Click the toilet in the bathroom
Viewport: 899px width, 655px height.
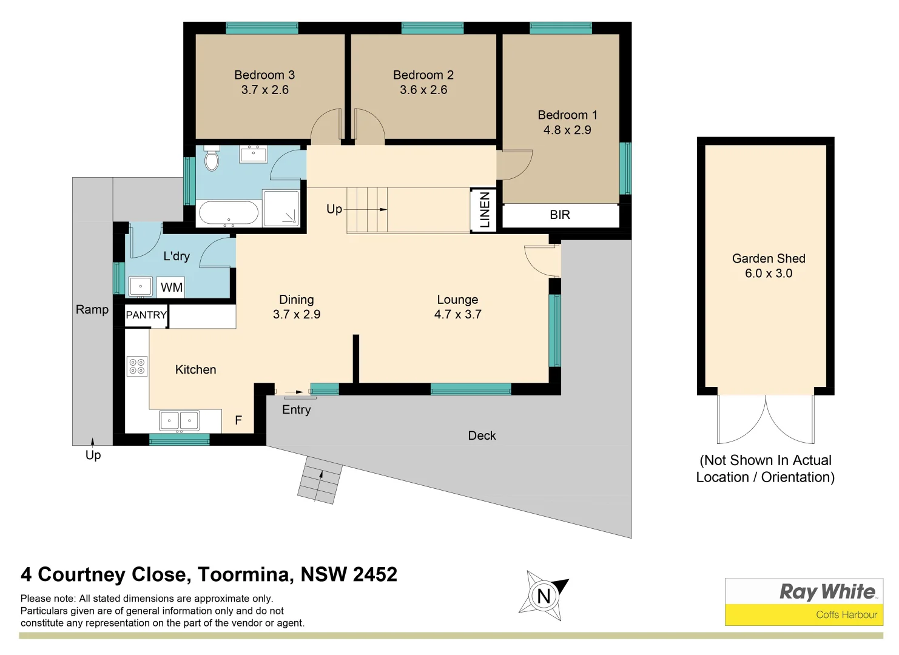212,159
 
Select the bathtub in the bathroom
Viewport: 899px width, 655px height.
229,213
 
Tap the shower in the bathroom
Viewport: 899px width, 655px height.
281,209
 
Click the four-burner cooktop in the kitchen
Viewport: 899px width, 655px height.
137,366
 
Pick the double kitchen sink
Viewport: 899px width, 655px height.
179,420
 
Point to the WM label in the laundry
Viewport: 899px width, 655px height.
172,287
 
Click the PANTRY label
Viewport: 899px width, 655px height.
146,315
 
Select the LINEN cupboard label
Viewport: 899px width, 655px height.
485,210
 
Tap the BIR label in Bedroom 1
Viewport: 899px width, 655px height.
560,215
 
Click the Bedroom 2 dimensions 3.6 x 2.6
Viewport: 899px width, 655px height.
423,90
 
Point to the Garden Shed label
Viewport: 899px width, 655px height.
769,258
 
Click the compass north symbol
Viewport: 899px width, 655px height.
544,596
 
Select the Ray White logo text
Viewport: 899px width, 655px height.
827,591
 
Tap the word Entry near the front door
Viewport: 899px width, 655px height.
296,410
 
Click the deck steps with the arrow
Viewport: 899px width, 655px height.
320,480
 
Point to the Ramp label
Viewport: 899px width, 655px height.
92,310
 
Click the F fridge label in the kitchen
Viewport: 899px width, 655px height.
238,420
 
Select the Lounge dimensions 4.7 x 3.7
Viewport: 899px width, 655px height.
457,314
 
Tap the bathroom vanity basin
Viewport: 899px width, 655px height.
254,154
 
